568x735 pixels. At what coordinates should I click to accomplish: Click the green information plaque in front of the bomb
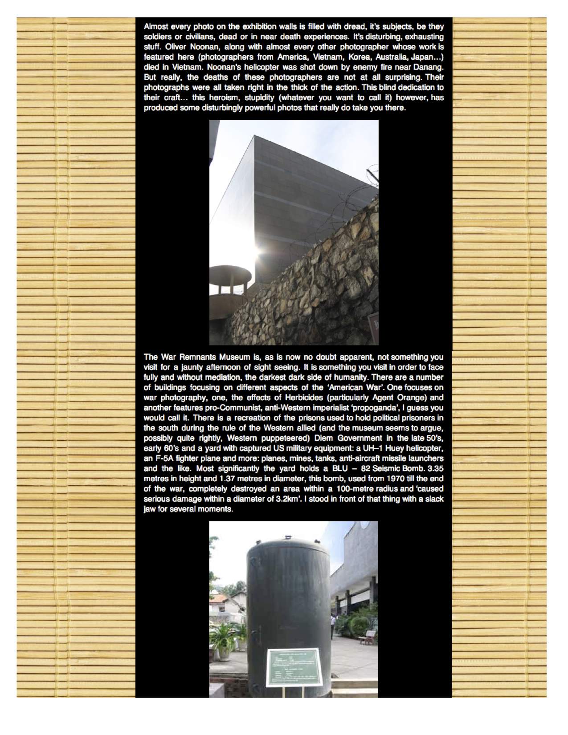coord(293,666)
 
